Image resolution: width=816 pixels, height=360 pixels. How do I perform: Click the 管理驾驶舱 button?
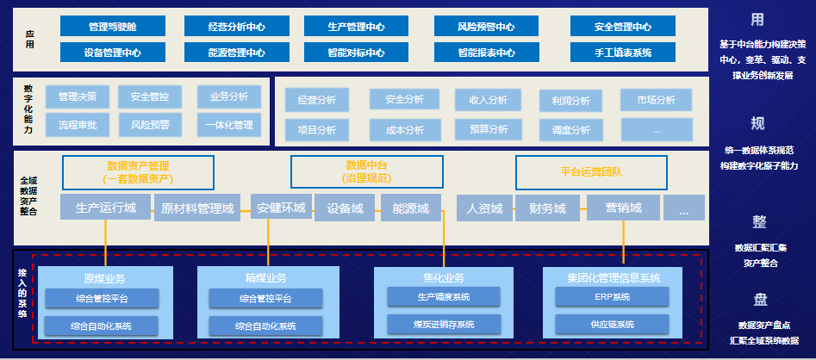pyautogui.click(x=114, y=27)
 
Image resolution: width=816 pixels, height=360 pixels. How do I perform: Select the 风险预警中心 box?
pyautogui.click(x=487, y=27)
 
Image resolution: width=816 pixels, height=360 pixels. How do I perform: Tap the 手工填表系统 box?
pyautogui.click(x=622, y=53)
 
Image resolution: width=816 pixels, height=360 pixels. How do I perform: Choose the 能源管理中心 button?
pyautogui.click(x=236, y=53)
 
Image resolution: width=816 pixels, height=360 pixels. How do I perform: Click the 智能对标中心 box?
pyautogui.click(x=356, y=53)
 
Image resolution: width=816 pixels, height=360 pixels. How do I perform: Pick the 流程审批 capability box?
pyautogui.click(x=77, y=126)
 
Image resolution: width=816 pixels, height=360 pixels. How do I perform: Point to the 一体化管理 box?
pyautogui.click(x=229, y=126)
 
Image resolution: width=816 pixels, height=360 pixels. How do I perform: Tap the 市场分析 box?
pyautogui.click(x=656, y=101)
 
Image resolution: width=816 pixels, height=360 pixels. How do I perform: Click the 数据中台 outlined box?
pyautogui.click(x=366, y=171)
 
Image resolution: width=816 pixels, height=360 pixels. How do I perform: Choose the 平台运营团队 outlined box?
pyautogui.click(x=591, y=171)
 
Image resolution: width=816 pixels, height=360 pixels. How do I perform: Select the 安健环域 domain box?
pyautogui.click(x=280, y=208)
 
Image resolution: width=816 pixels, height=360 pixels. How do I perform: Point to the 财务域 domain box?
pyautogui.click(x=547, y=208)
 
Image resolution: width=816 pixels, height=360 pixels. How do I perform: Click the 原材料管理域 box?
pyautogui.click(x=197, y=208)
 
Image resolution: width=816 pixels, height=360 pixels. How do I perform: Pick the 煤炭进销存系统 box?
pyautogui.click(x=444, y=324)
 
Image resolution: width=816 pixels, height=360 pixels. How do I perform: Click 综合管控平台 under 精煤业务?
pyautogui.click(x=265, y=299)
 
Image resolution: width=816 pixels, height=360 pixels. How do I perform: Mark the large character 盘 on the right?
pyautogui.click(x=759, y=300)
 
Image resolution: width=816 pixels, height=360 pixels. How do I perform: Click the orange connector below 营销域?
pyautogui.click(x=623, y=240)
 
